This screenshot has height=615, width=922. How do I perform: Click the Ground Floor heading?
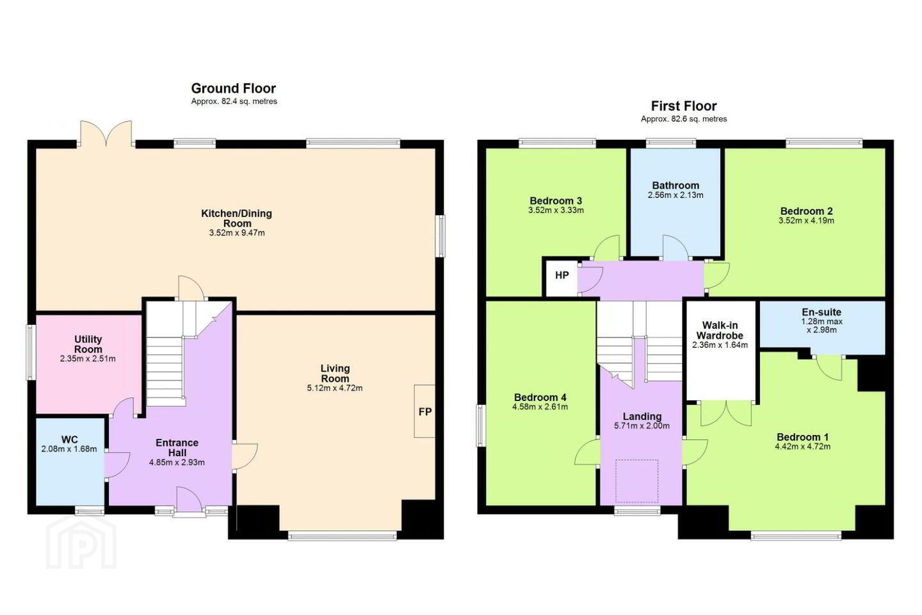233,88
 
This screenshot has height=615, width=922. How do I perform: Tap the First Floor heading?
684,106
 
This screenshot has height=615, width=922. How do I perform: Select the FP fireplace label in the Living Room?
425,411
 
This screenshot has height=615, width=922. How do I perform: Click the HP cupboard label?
562,275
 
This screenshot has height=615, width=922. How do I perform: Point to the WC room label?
70,439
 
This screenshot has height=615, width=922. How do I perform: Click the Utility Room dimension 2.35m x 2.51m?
88,359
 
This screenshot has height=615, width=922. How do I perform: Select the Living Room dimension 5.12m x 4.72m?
335,388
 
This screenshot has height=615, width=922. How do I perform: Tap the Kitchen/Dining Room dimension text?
237,233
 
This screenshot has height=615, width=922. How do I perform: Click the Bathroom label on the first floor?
675,185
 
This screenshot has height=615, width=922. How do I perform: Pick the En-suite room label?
821,312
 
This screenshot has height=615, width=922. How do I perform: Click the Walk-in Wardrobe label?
720,331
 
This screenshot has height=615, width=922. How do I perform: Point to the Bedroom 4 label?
540,397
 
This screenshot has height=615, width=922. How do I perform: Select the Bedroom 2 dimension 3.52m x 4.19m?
806,221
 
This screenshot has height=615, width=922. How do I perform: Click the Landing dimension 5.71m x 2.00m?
642,426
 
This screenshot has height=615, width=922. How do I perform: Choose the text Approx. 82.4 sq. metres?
234,101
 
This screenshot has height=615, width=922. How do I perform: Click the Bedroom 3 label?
556,201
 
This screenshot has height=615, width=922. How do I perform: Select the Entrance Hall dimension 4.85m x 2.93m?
177,463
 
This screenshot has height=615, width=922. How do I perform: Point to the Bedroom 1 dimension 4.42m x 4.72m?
803,447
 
